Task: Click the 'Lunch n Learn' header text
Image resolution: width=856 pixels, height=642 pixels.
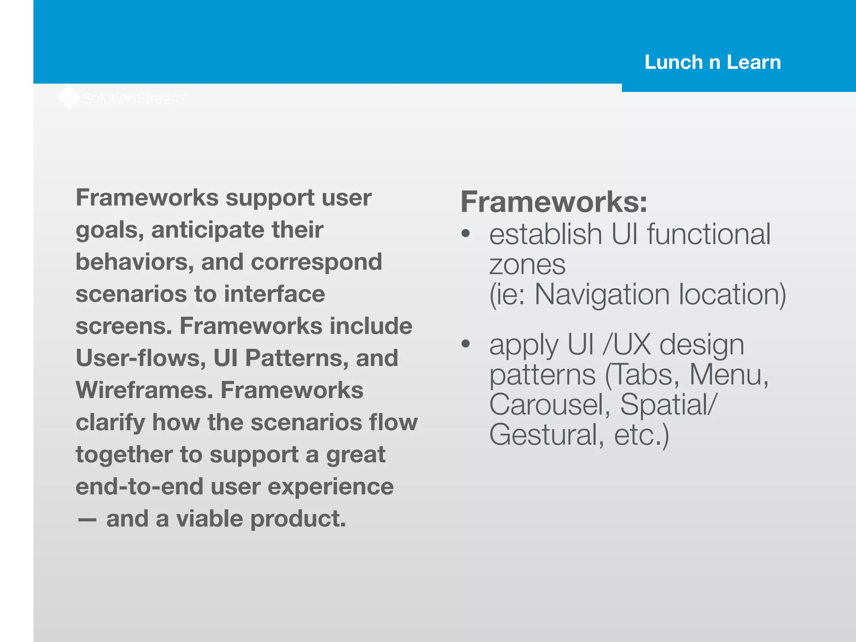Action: pos(712,62)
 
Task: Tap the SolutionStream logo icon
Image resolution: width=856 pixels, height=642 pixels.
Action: pos(69,98)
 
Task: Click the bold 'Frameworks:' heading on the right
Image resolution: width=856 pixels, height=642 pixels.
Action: pos(554,202)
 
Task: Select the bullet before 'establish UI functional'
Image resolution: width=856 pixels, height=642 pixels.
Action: pos(466,234)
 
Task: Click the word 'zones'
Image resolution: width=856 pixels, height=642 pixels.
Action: pos(527,265)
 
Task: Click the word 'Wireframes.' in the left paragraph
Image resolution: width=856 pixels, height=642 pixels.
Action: pos(144,390)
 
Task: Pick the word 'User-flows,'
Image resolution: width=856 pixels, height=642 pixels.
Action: pos(141,358)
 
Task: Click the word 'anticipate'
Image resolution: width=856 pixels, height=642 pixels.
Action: pos(208,230)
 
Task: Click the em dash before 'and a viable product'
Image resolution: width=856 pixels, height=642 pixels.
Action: pos(87,520)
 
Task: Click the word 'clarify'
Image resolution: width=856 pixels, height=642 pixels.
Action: pos(110,423)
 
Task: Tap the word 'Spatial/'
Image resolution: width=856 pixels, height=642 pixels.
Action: pos(668,405)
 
